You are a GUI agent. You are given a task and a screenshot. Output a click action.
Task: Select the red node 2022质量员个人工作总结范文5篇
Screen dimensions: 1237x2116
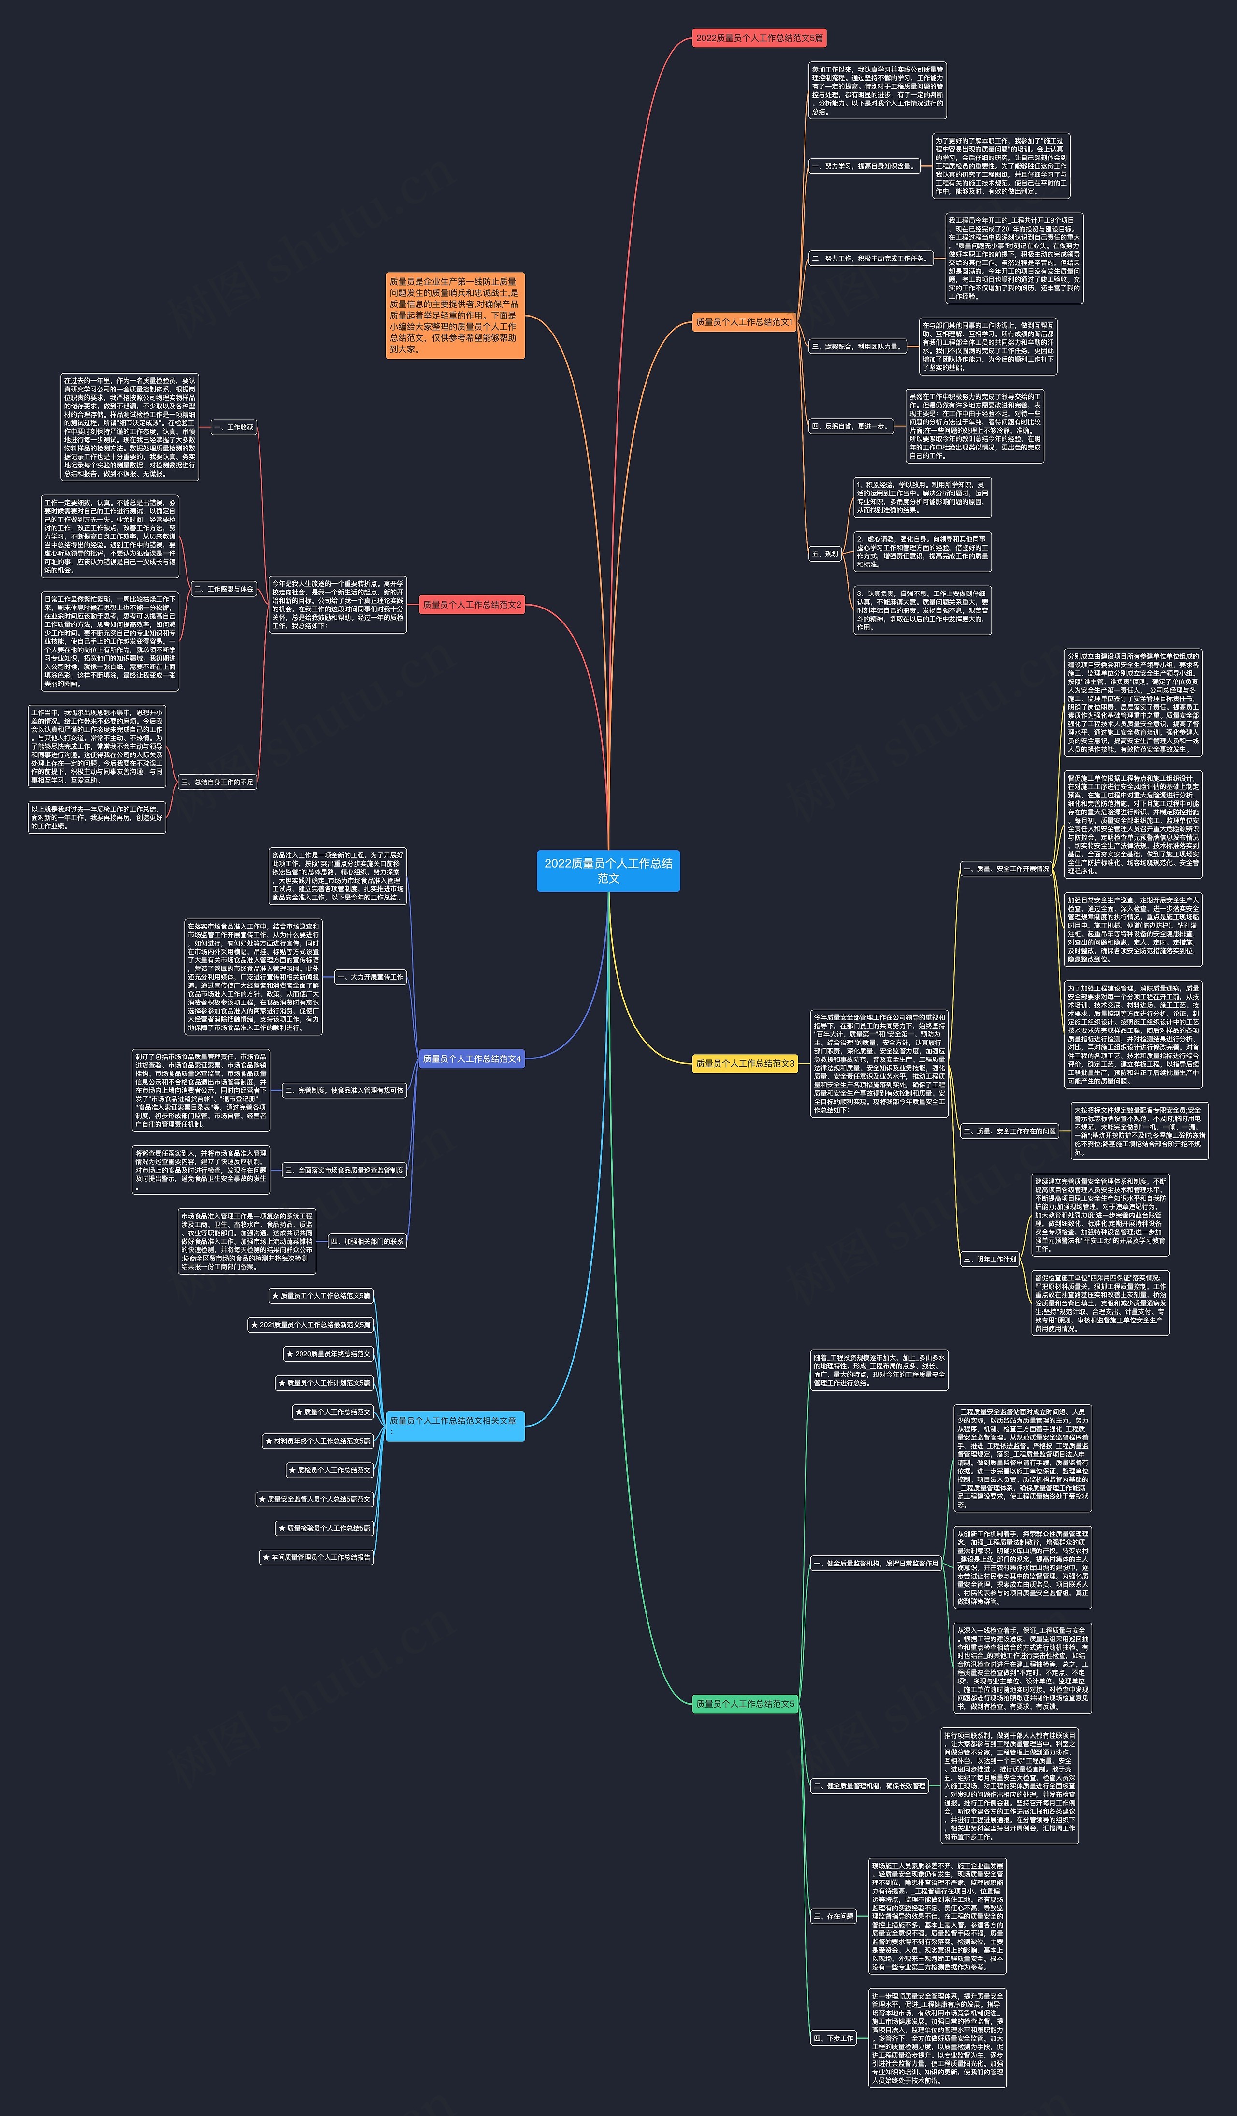click(759, 38)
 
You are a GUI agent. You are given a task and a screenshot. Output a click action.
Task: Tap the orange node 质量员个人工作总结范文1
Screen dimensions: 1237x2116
click(744, 321)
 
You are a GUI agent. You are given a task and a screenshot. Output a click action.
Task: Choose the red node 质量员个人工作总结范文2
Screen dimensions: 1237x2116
click(472, 605)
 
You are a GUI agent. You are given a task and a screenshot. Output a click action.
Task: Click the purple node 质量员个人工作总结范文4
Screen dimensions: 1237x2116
click(472, 1059)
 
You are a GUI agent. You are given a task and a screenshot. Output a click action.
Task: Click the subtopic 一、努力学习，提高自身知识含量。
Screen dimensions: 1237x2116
click(863, 166)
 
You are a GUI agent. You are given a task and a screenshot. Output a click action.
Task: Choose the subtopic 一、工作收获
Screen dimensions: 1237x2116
click(233, 427)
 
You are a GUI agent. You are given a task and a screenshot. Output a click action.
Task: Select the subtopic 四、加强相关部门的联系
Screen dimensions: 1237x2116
click(367, 1241)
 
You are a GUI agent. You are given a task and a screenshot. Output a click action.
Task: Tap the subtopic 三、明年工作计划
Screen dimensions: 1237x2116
click(990, 1259)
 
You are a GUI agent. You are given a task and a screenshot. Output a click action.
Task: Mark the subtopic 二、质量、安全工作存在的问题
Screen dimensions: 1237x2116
click(1009, 1131)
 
